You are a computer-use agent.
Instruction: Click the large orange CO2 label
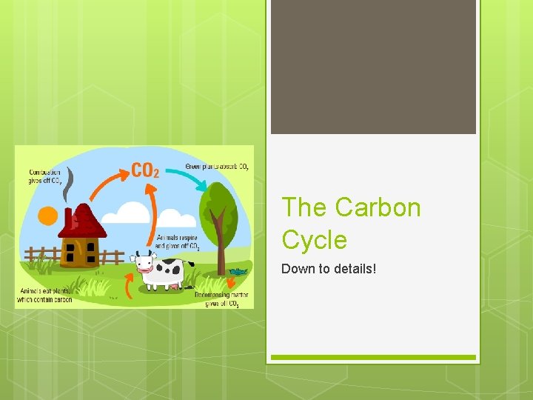coord(145,171)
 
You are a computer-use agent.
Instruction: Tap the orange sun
coord(47,216)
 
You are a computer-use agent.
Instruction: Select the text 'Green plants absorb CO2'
coord(216,167)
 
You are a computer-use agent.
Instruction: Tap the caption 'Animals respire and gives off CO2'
coord(177,242)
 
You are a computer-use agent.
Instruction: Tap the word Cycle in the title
coord(314,240)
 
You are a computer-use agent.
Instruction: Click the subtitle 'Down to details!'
coord(329,268)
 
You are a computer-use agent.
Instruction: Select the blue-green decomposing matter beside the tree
coord(238,273)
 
